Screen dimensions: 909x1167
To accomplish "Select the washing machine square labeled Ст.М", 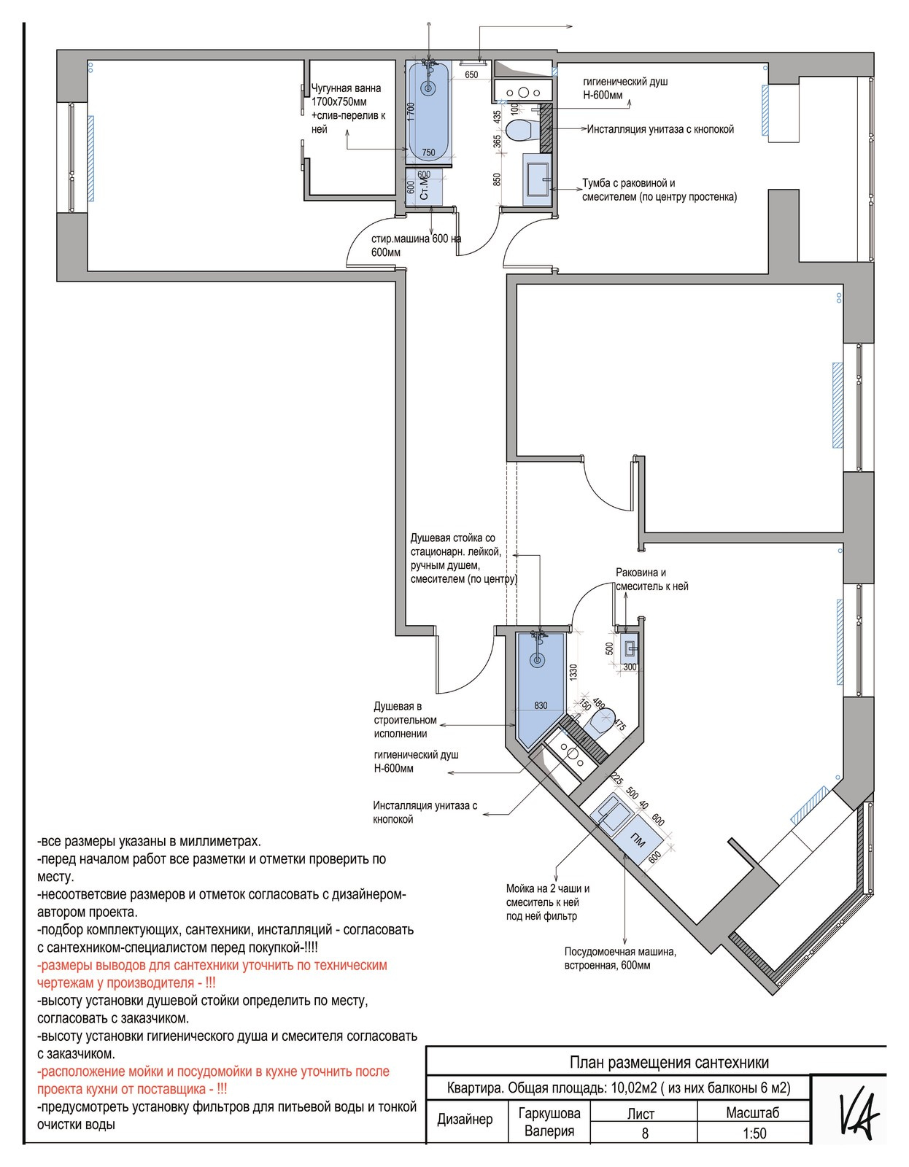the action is [x=424, y=187].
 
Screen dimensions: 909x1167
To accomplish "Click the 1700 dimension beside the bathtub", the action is [x=411, y=112].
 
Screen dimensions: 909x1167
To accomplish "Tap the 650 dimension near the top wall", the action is [x=471, y=74].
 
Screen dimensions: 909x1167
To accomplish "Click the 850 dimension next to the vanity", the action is [x=497, y=179].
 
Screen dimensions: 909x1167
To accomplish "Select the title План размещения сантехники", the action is [x=669, y=1062].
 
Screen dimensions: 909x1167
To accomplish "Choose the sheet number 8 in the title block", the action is [x=645, y=1133].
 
